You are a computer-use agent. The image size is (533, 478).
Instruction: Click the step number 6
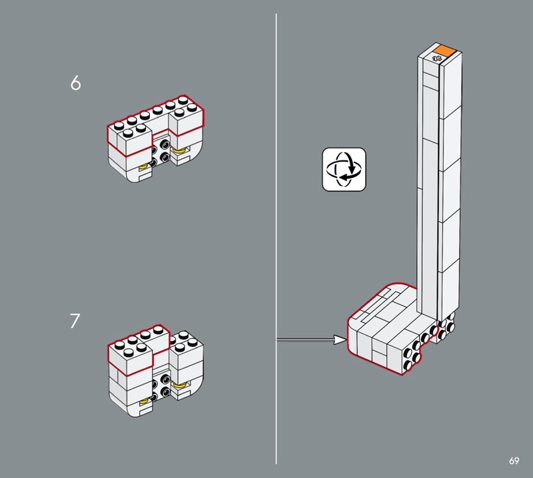(75, 83)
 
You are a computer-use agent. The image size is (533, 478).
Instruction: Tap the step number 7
(75, 321)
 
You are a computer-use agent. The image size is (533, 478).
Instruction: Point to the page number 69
(514, 461)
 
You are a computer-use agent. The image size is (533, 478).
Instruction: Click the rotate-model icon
(344, 169)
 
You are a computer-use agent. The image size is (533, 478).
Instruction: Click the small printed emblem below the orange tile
(437, 59)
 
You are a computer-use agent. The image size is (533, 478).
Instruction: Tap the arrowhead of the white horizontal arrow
(340, 340)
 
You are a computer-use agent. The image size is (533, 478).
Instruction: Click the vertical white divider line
(276, 238)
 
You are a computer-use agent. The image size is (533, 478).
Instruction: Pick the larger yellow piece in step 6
(180, 150)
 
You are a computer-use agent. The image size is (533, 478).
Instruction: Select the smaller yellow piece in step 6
(144, 166)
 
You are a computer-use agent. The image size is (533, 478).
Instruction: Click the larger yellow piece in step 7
(180, 385)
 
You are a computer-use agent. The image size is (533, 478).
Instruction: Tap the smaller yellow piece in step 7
(144, 401)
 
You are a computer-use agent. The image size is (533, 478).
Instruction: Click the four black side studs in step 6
(159, 153)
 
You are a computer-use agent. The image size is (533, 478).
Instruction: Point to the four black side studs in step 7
(159, 388)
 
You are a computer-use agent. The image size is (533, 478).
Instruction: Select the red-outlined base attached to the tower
(388, 329)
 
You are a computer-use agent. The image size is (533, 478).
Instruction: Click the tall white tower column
(440, 180)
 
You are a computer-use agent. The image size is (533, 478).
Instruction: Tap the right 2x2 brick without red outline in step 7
(186, 350)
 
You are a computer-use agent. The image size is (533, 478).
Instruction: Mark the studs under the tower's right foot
(446, 328)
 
